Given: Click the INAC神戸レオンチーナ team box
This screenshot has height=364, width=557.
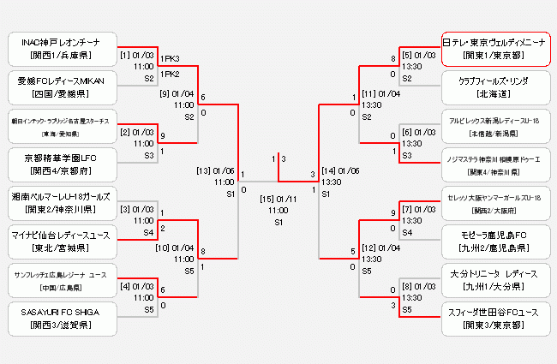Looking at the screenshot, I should click(x=60, y=49).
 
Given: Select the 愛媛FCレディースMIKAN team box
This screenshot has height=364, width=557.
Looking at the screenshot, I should click(x=60, y=87).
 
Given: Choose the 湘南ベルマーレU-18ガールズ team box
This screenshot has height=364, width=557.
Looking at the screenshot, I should click(x=60, y=202).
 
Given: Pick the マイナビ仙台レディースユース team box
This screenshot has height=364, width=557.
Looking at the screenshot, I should click(x=60, y=240).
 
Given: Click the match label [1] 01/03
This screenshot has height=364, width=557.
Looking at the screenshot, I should click(x=138, y=56).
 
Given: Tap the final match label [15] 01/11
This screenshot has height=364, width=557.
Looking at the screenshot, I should click(x=277, y=199).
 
